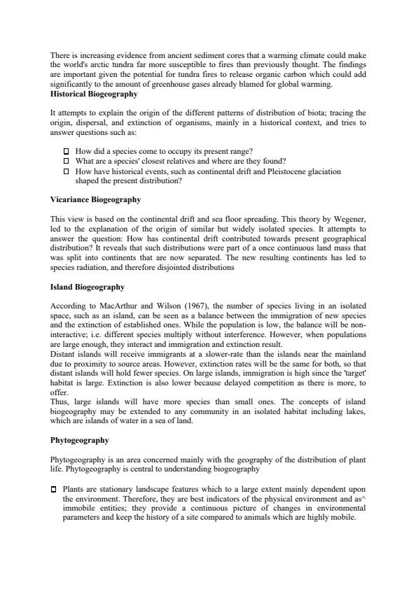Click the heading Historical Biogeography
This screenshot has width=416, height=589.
[94, 94]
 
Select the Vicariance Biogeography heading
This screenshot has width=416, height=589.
[95, 199]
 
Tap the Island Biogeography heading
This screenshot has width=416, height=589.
[88, 287]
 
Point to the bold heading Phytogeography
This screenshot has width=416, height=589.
[79, 441]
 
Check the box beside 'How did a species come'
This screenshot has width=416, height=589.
[67, 152]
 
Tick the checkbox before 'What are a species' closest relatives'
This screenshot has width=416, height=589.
[67, 161]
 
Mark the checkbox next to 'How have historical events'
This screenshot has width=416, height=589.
[67, 171]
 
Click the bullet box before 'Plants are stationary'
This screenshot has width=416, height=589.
[54, 489]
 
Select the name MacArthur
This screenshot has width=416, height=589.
[116, 306]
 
